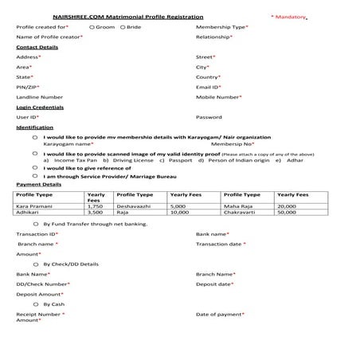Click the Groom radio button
point(92,27)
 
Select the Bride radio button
point(121,27)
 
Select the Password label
point(209,117)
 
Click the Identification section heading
point(35,127)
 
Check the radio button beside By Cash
point(35,304)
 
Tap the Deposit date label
point(214,284)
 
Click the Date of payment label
point(219,314)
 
